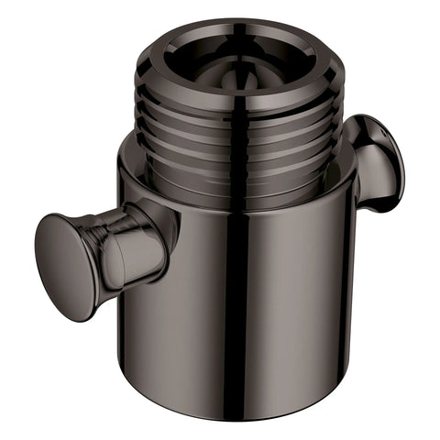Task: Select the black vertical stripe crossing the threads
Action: click(236, 147)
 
